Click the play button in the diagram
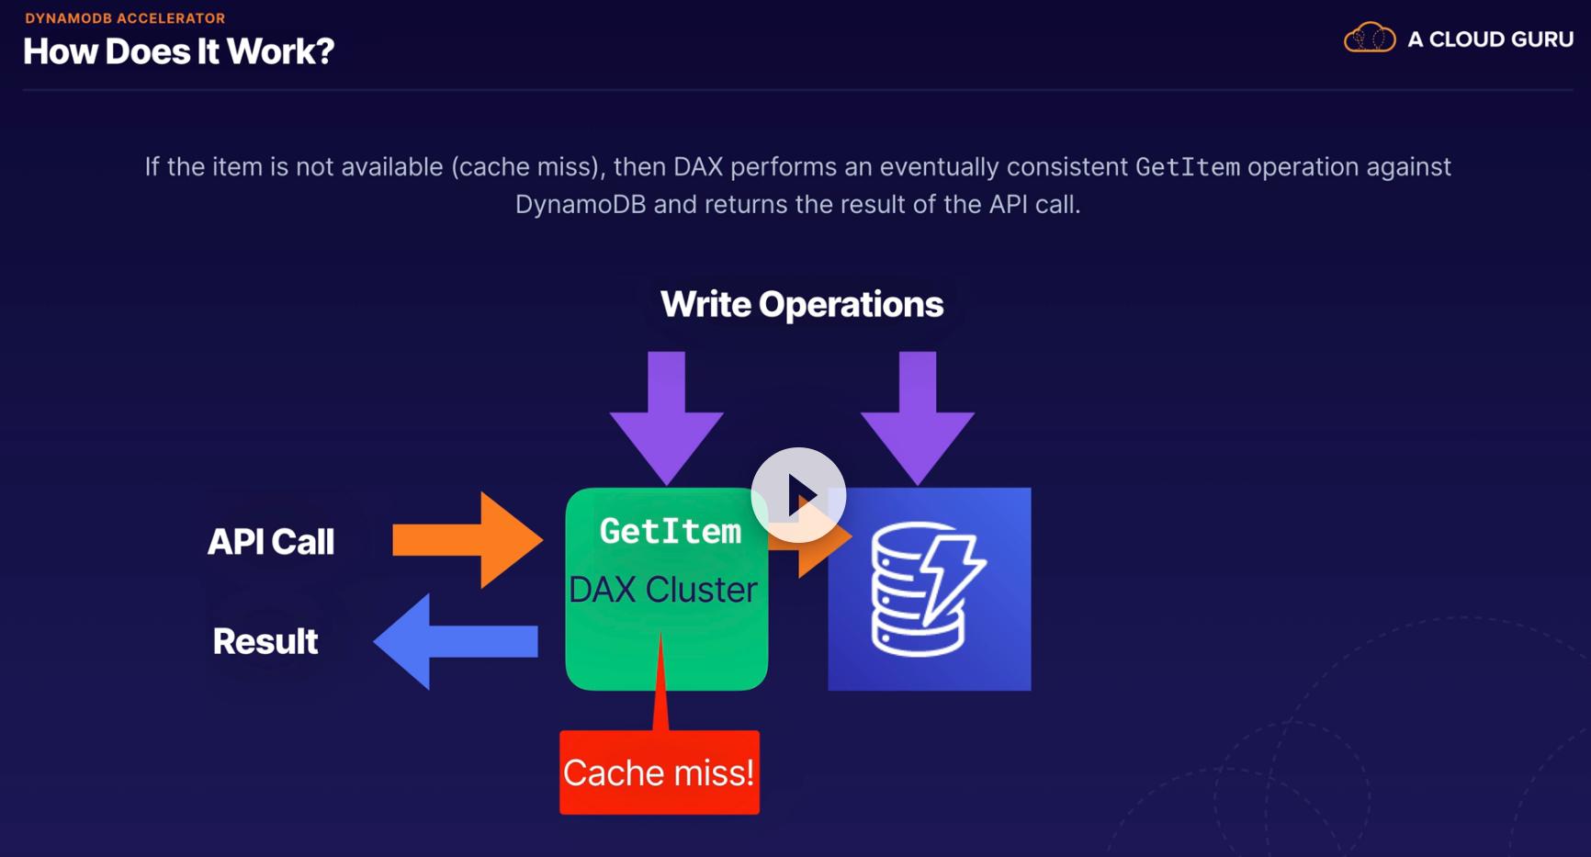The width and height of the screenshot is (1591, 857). (x=798, y=495)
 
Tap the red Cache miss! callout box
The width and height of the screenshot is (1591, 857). (x=660, y=772)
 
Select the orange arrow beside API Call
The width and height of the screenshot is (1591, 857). (x=468, y=540)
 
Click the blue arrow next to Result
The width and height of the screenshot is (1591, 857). (x=456, y=641)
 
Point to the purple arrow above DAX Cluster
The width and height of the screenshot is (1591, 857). (x=667, y=418)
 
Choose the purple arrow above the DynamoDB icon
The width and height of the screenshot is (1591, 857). (x=918, y=418)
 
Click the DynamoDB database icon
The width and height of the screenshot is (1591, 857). (x=929, y=589)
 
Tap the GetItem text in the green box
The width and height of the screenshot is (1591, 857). (x=671, y=531)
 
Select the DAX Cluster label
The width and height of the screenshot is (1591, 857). (x=663, y=590)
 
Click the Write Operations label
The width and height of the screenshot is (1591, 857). (x=802, y=304)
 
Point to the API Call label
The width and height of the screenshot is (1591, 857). (x=271, y=541)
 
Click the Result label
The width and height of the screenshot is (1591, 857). (x=265, y=641)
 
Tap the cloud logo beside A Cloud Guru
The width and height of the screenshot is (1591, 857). (x=1370, y=39)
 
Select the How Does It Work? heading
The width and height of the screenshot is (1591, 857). (x=179, y=51)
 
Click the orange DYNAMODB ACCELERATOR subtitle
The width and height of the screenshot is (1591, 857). (x=125, y=17)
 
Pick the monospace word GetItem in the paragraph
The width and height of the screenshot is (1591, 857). (x=1188, y=167)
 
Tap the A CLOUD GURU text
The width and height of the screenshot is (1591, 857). (x=1491, y=39)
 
